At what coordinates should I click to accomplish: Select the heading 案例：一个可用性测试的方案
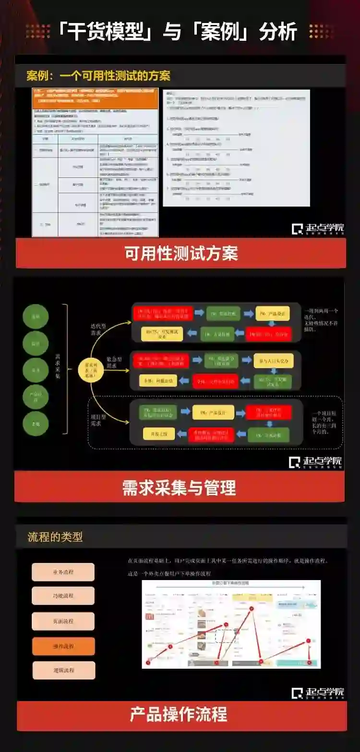pyautogui.click(x=98, y=76)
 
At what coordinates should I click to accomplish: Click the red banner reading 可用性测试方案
pyautogui.click(x=181, y=253)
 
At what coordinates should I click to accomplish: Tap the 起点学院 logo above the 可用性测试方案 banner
pyautogui.click(x=318, y=228)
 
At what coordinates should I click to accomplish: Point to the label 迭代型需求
pyautogui.click(x=99, y=329)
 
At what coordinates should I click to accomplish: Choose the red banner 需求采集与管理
pyautogui.click(x=180, y=487)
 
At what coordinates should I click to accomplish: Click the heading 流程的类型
pyautogui.click(x=55, y=537)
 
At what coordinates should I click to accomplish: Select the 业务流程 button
pyautogui.click(x=63, y=572)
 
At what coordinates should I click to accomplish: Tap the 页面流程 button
pyautogui.click(x=63, y=621)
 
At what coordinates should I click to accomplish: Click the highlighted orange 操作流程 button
pyautogui.click(x=63, y=646)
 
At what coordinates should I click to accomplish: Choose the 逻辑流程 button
pyautogui.click(x=63, y=670)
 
